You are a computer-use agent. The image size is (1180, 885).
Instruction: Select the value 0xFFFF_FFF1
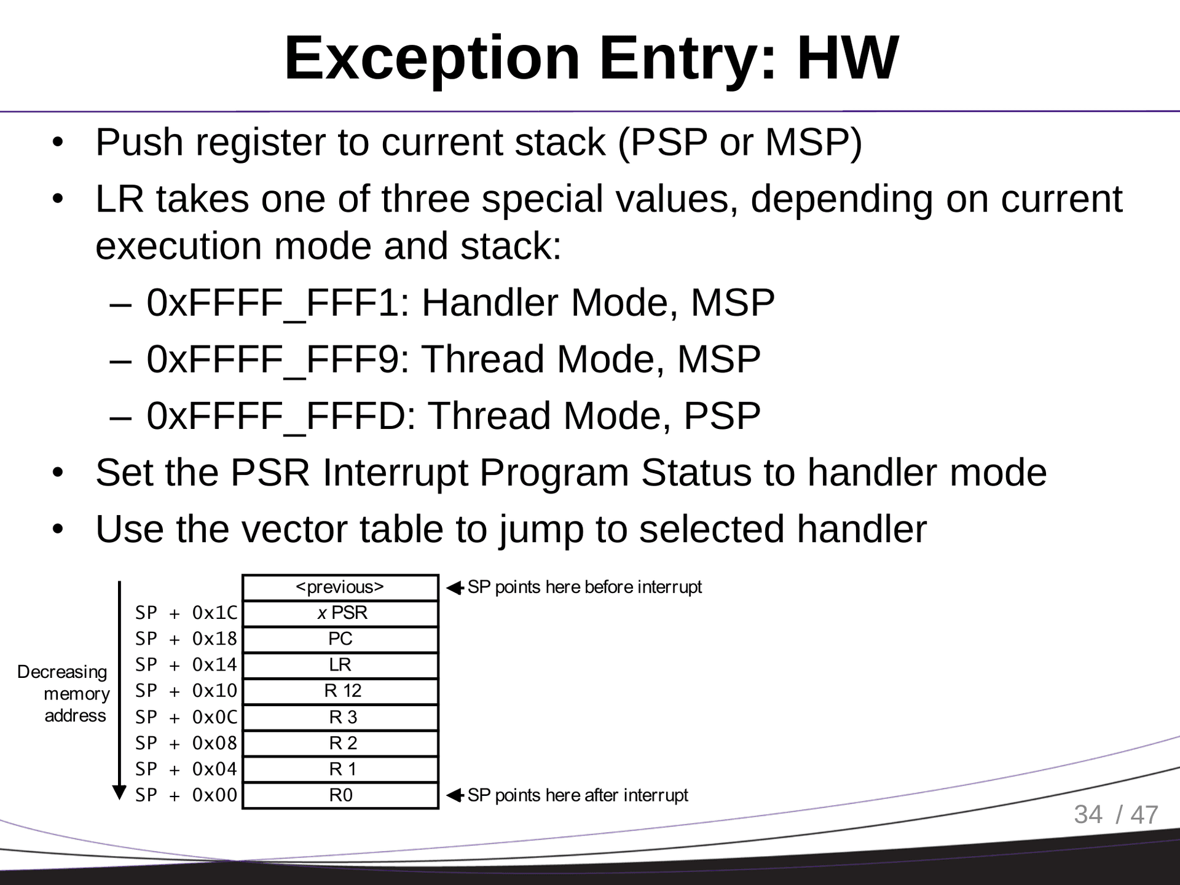click(273, 303)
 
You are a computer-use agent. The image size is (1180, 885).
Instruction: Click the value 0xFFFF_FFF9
click(273, 360)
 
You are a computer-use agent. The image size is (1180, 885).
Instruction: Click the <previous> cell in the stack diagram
click(340, 588)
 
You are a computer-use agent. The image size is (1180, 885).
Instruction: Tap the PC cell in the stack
click(340, 639)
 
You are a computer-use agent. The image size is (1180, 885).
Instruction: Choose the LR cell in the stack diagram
click(340, 665)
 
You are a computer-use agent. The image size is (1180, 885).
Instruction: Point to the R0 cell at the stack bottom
click(340, 796)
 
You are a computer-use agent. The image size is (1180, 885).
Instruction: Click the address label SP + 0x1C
click(186, 613)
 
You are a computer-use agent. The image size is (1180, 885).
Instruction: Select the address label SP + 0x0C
click(186, 717)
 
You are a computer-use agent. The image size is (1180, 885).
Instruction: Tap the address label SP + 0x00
click(186, 796)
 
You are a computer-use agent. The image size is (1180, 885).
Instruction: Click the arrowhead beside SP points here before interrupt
click(454, 588)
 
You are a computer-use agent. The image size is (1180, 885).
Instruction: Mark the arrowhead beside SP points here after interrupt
click(454, 796)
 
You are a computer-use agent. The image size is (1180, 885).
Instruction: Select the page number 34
click(1088, 815)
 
